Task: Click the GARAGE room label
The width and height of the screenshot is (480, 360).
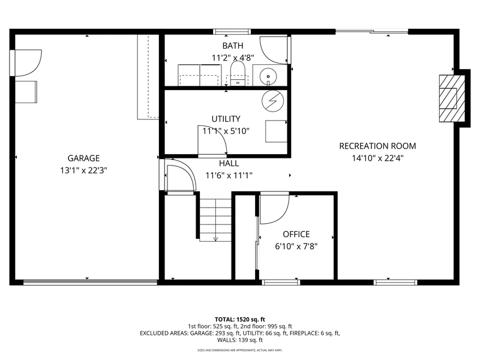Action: point(83,158)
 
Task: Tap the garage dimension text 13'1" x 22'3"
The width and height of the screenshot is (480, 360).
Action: point(83,170)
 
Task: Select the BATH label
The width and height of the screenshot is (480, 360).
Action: point(233,46)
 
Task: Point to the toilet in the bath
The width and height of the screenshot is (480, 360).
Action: point(238,73)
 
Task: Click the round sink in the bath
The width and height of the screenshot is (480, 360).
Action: point(268,76)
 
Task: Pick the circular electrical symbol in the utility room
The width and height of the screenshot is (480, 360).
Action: point(273,101)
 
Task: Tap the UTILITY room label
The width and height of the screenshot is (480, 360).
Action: point(226,119)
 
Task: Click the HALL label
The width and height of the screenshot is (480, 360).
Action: point(229,163)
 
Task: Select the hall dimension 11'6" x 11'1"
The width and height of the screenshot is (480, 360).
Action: point(229,175)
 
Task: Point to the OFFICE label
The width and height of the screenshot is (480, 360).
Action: point(296,234)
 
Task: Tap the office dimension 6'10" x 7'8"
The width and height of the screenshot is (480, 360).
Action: point(296,247)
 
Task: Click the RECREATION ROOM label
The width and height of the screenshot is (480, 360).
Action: point(378,146)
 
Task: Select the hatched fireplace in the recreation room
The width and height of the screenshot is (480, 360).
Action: point(452,98)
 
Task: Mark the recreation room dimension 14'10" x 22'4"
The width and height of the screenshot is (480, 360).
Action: point(378,158)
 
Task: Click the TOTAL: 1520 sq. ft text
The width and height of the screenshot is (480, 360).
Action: point(240,320)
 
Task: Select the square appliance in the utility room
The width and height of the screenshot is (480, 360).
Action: point(276,131)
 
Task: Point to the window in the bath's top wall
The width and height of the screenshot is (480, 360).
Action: point(232,32)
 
